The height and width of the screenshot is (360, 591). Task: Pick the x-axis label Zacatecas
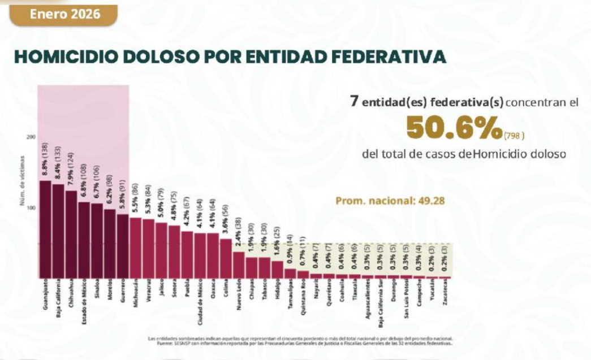coord(445,292)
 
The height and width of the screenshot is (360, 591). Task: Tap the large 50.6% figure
coord(454,128)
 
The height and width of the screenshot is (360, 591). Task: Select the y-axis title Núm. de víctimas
coord(23,181)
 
